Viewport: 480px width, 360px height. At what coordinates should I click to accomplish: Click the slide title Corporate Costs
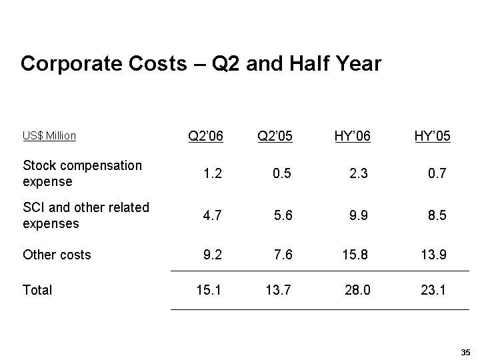[x=201, y=64]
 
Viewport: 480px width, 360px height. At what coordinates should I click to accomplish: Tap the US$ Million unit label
[x=49, y=136]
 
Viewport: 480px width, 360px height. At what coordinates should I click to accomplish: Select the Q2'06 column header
[x=205, y=137]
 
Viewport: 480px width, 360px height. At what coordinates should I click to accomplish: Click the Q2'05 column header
[x=275, y=137]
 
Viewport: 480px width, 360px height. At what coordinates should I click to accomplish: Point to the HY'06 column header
[x=352, y=137]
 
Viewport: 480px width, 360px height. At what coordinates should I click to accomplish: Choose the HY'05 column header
[x=432, y=137]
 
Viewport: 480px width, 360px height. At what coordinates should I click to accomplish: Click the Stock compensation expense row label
[x=82, y=173]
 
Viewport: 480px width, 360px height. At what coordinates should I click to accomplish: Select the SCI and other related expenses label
[x=86, y=215]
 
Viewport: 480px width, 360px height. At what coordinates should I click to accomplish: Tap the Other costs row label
[x=57, y=255]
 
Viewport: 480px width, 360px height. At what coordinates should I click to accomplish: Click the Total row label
[x=37, y=290]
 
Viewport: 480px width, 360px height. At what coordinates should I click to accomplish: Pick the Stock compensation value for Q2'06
[x=213, y=174]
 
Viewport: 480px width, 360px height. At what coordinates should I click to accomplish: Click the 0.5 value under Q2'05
[x=282, y=174]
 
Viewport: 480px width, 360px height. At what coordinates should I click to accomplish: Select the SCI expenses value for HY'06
[x=359, y=216]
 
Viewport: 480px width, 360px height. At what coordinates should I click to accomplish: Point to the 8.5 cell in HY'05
[x=437, y=216]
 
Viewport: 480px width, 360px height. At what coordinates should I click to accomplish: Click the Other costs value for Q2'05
[x=282, y=255]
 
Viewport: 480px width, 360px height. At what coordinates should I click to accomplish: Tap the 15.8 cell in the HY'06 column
[x=355, y=255]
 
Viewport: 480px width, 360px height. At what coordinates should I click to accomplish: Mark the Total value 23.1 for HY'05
[x=433, y=290]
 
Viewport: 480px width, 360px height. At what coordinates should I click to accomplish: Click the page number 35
[x=465, y=352]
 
